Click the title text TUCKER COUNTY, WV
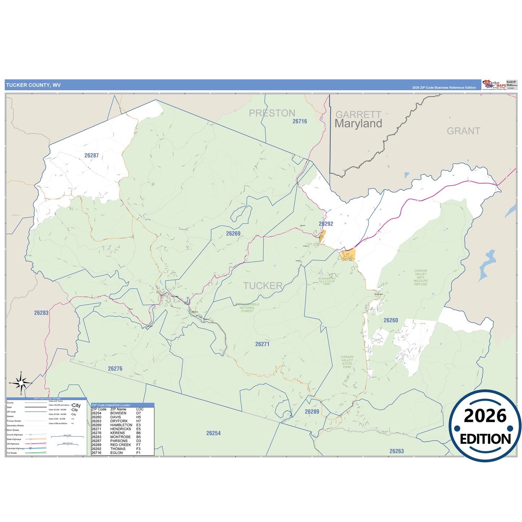[33, 85]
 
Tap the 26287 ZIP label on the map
[91, 156]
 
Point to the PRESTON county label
[272, 113]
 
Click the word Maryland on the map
[358, 124]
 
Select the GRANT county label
[463, 131]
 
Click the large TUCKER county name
[263, 286]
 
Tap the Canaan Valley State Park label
[347, 362]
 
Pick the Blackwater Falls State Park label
[327, 281]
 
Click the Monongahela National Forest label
[247, 307]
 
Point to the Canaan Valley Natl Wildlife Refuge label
[420, 277]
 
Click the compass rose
[21, 383]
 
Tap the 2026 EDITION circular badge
[485, 426]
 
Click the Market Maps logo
[494, 85]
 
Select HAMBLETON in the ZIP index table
[121, 425]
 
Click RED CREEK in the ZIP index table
[120, 445]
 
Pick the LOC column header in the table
[140, 409]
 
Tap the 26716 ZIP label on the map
[299, 121]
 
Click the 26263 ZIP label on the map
[396, 451]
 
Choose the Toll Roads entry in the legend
[12, 453]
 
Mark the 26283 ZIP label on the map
[41, 313]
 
